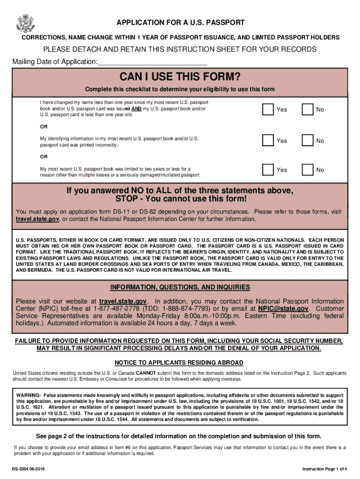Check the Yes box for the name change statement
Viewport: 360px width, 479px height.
tap(268, 109)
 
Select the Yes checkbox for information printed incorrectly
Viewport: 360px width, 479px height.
tap(268, 141)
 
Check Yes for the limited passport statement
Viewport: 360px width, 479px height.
tap(268, 170)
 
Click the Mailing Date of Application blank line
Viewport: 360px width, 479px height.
tap(152, 63)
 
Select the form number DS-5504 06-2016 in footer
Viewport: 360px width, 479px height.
tap(29, 469)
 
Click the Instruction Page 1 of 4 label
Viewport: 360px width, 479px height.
tap(324, 469)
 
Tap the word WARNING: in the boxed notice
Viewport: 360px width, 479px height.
tap(28, 395)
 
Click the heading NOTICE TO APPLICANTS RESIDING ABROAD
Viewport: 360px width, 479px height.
tap(179, 363)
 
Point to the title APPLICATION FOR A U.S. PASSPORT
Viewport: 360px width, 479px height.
tap(180, 22)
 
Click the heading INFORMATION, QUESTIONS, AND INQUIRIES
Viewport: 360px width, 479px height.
tap(180, 287)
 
